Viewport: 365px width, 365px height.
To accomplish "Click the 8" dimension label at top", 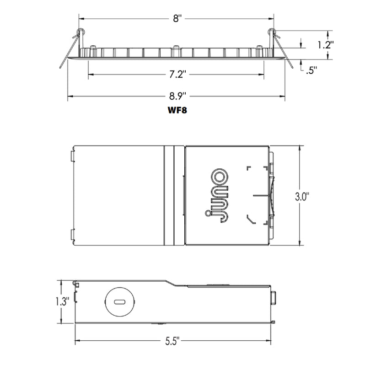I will [x=177, y=18].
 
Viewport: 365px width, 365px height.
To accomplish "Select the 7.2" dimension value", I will [x=177, y=74].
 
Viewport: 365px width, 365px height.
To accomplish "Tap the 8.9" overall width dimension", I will [x=177, y=96].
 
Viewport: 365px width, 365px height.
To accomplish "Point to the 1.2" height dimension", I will [x=326, y=45].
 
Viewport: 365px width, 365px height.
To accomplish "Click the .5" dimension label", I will [x=312, y=70].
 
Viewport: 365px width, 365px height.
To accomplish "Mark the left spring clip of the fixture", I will [x=73, y=46].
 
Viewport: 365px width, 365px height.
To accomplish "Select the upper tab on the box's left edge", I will [x=73, y=154].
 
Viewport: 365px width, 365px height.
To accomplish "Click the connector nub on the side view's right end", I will [x=273, y=298].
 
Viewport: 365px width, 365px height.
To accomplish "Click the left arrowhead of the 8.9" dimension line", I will [x=70, y=96].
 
